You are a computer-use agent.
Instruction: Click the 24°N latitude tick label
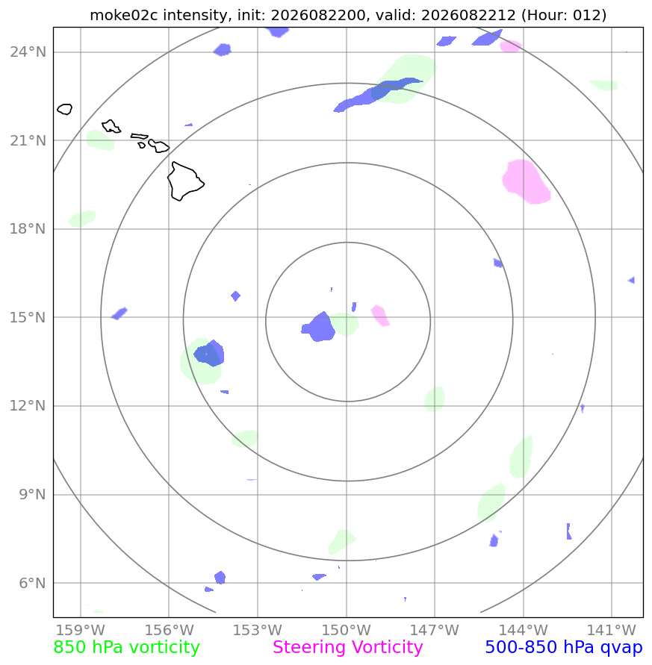tap(28, 52)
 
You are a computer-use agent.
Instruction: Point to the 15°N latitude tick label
tap(28, 317)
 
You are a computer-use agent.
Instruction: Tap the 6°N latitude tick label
tap(32, 583)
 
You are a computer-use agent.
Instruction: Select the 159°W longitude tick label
tap(81, 630)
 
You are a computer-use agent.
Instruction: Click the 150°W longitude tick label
tap(347, 630)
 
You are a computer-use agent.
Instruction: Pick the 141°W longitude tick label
tap(612, 630)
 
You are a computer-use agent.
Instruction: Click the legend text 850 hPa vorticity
tap(126, 648)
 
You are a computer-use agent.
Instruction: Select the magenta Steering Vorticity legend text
tap(347, 648)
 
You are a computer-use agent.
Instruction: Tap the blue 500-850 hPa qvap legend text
tap(564, 648)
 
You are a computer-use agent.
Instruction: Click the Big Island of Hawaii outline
tap(184, 181)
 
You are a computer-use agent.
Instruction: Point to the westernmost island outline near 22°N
tap(64, 109)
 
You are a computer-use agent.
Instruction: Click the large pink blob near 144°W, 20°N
tap(526, 181)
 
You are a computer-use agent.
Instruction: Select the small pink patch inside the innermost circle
tap(380, 315)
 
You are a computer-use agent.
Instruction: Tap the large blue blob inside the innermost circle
tap(319, 328)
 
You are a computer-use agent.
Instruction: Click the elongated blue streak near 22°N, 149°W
tap(378, 94)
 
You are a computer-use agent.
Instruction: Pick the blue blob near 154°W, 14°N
tap(209, 353)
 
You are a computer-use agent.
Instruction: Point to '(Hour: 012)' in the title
tap(564, 15)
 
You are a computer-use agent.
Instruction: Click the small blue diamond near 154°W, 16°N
tap(235, 296)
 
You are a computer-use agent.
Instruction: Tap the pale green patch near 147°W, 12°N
tap(435, 399)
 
